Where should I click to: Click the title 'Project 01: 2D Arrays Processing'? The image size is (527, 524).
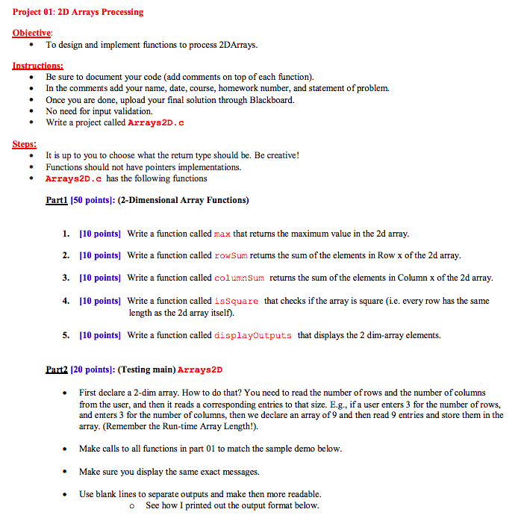(78, 12)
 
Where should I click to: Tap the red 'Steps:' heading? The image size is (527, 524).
(25, 144)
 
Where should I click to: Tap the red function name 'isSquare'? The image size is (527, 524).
(237, 301)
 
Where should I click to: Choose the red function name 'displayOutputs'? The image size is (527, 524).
(253, 335)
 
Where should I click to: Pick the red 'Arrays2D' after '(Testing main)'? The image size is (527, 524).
(200, 369)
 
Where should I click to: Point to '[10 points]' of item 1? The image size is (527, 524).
(100, 234)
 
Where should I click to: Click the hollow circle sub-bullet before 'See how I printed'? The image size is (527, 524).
(131, 505)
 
